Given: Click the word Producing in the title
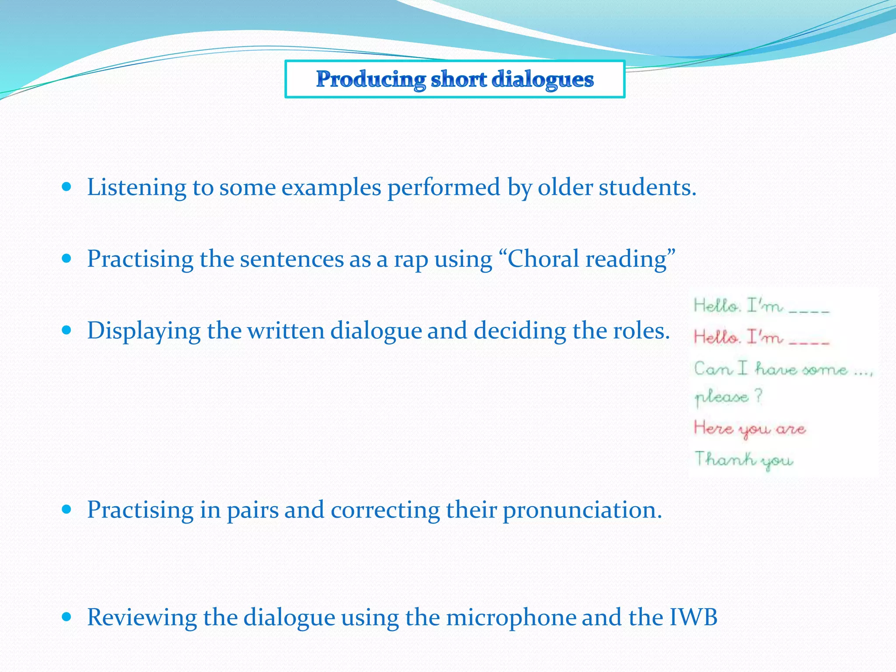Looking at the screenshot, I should click(x=371, y=80).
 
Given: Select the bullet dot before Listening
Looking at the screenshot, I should click(x=66, y=187).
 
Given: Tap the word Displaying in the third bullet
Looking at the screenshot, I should click(x=143, y=331).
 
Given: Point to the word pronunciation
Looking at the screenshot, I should click(x=582, y=510).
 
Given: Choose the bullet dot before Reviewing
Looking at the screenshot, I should click(x=66, y=617).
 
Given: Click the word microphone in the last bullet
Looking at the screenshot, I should click(x=510, y=617).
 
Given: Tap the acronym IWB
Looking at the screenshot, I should click(x=693, y=617).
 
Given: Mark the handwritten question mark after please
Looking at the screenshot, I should click(x=758, y=395).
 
